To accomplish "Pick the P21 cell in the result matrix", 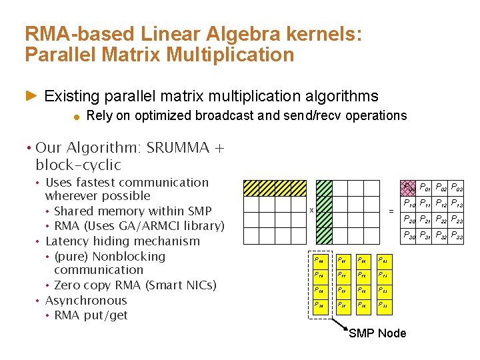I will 424,219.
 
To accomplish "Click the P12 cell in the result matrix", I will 440,203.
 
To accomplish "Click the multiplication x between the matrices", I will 311,211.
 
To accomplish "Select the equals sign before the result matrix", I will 391,211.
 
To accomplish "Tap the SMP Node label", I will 377,333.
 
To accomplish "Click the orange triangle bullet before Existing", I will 31,97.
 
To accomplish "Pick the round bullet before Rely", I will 77,117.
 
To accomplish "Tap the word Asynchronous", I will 86,300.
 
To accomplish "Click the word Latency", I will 69,241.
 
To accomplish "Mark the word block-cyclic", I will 78,165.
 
